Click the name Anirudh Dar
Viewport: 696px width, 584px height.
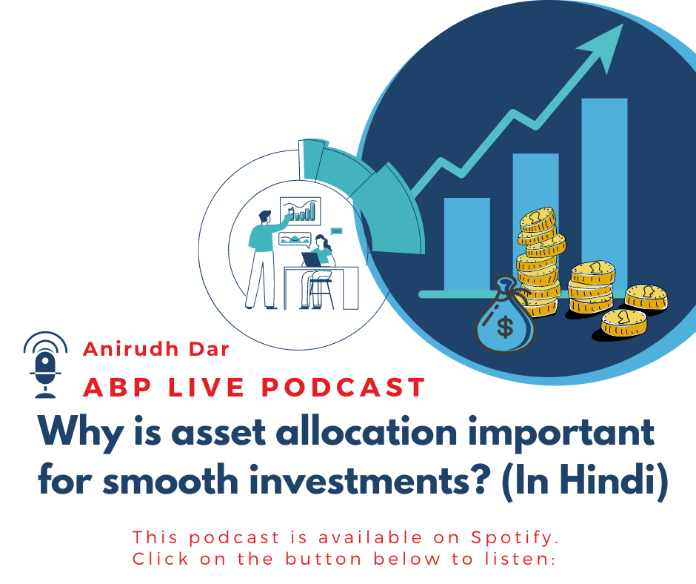coord(156,349)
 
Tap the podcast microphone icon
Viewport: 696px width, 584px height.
coord(45,365)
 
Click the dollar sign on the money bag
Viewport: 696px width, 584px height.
coord(505,326)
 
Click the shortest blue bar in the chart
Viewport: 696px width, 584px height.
coord(467,245)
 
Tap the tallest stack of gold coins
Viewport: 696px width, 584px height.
coord(538,262)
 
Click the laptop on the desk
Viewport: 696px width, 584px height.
coord(312,260)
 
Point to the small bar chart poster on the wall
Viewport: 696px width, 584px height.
coord(300,211)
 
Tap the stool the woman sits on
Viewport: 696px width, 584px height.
coord(321,293)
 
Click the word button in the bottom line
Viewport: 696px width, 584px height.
coord(324,559)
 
